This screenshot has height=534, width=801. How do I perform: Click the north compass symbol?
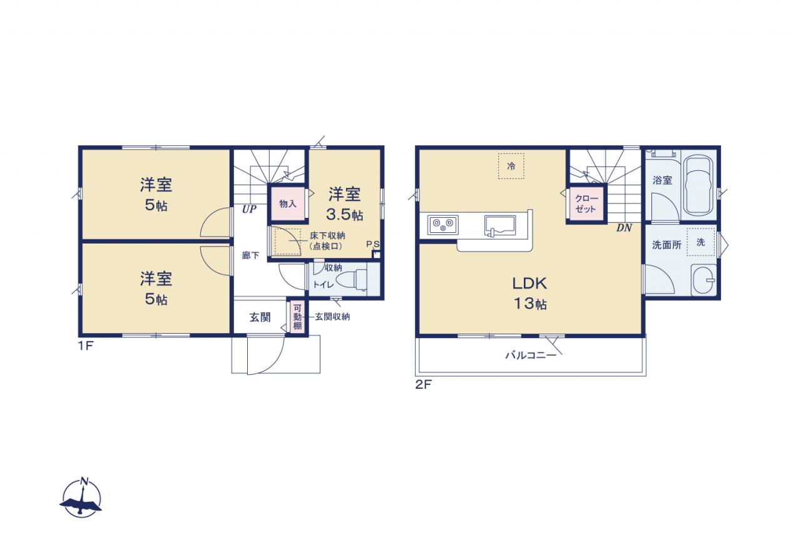81,498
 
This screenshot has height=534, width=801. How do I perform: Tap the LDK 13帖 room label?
529,293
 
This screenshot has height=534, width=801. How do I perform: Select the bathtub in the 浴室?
698,185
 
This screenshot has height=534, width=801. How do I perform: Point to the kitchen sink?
500,226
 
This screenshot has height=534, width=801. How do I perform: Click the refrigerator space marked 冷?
511,166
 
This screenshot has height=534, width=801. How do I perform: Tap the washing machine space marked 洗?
700,242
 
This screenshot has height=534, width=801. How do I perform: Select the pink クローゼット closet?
586,204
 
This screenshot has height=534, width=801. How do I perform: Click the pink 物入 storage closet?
288,204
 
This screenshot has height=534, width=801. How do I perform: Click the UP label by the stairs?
249,209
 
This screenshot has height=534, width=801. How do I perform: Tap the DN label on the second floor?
624,227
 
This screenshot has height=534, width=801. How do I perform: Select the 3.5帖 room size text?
344,214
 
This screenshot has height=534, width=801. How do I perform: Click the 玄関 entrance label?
260,317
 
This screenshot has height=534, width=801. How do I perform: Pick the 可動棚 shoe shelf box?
297,317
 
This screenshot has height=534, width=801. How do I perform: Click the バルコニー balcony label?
531,355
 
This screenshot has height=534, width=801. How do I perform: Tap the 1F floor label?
86,346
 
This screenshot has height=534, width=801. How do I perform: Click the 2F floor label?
424,384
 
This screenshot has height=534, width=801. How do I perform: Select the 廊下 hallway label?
251,255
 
